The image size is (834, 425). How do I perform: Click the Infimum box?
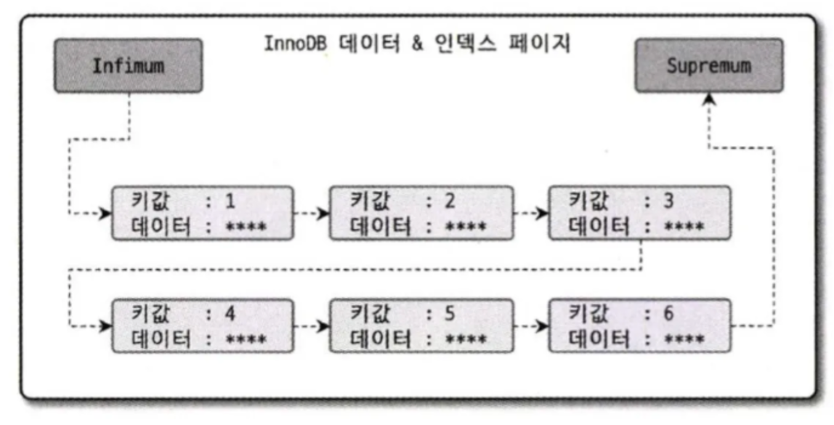pyautogui.click(x=128, y=66)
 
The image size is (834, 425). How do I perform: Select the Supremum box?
pyautogui.click(x=709, y=66)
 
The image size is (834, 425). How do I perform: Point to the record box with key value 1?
pyautogui.click(x=201, y=213)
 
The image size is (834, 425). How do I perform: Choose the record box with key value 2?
pyautogui.click(x=421, y=213)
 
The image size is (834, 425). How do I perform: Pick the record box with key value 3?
pyautogui.click(x=640, y=213)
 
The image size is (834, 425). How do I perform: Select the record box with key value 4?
pyautogui.click(x=201, y=325)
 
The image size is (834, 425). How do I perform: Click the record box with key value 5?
pyautogui.click(x=421, y=325)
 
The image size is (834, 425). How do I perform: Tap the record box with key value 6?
pyautogui.click(x=640, y=325)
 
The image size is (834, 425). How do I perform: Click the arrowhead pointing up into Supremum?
pyautogui.click(x=710, y=99)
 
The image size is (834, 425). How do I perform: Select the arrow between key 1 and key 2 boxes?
pyautogui.click(x=311, y=213)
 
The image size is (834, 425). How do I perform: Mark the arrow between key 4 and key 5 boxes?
pyautogui.click(x=311, y=325)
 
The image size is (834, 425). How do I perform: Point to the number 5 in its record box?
pyautogui.click(x=449, y=314)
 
